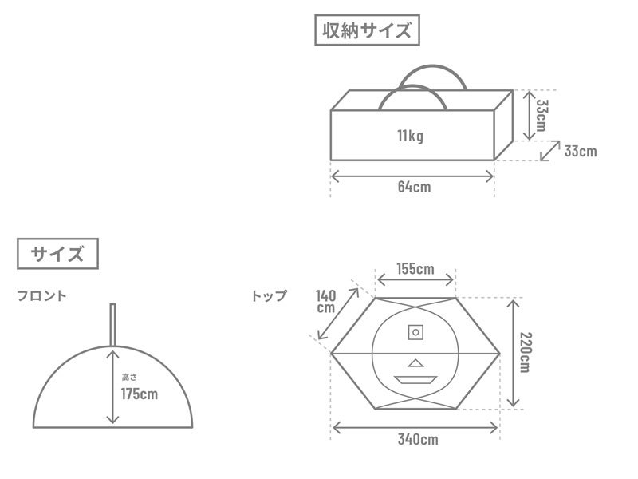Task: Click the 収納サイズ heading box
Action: [x=367, y=30]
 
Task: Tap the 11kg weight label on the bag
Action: [x=410, y=136]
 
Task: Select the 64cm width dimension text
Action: [x=414, y=187]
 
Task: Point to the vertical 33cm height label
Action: [x=542, y=115]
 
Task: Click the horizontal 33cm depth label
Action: [x=581, y=151]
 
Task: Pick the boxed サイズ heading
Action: [x=57, y=254]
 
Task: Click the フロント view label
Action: [x=41, y=295]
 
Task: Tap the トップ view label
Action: [x=270, y=295]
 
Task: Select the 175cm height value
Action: [x=139, y=394]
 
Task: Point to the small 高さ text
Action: [x=129, y=378]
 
